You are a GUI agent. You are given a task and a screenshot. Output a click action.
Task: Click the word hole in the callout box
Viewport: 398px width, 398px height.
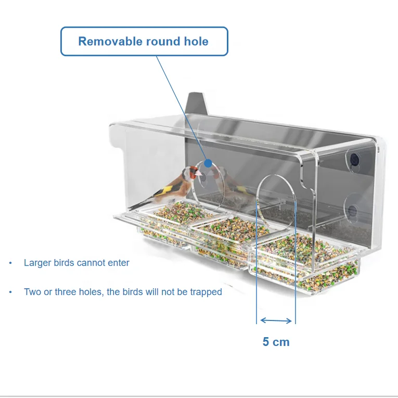tap(195, 42)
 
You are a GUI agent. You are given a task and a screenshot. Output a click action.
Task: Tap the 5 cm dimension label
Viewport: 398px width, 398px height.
tap(276, 342)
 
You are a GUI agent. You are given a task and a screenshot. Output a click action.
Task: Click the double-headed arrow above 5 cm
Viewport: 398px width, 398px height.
tap(276, 320)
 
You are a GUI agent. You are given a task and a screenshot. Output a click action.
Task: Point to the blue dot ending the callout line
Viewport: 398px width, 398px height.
tap(208, 163)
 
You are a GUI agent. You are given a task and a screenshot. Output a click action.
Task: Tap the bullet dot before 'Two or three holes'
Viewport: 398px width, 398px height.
tap(10, 292)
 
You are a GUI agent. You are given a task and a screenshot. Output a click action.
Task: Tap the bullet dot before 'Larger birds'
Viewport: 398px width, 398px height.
tap(10, 263)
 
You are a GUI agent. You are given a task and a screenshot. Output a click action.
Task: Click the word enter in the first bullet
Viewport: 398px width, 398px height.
tap(118, 263)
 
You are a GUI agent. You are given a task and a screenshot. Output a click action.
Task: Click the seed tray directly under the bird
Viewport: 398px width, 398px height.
tap(166, 213)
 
